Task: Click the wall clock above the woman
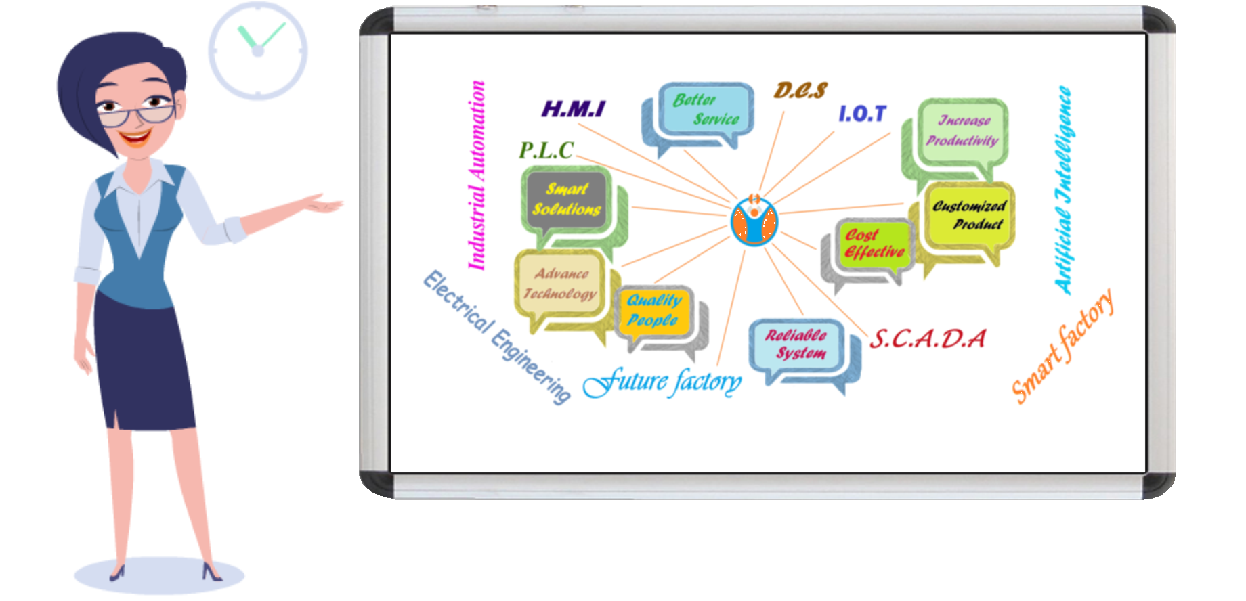(257, 51)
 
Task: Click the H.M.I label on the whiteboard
(573, 109)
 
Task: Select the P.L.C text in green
(546, 150)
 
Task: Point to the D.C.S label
(800, 91)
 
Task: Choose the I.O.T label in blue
(861, 114)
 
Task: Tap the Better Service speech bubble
(704, 110)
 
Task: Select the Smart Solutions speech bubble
(567, 200)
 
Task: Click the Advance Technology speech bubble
(560, 284)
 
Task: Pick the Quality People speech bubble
(653, 311)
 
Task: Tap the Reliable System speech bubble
(796, 344)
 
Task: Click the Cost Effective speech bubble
(873, 244)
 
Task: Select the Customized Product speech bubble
(969, 215)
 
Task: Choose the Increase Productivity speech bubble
(962, 131)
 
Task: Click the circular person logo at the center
(754, 221)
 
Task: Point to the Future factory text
(662, 382)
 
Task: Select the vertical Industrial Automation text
(477, 176)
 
